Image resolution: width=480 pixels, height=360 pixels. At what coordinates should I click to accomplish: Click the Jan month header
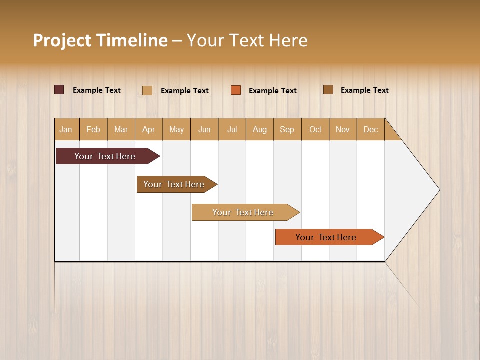coord(66,130)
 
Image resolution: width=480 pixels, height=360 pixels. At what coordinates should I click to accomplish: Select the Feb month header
coord(93,130)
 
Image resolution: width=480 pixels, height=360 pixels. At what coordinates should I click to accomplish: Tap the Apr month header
coord(149,130)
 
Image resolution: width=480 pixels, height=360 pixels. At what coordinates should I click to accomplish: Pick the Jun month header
coord(204,130)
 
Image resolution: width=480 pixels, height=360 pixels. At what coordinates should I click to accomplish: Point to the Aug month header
coord(260,130)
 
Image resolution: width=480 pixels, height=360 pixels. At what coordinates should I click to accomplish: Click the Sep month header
coord(287,130)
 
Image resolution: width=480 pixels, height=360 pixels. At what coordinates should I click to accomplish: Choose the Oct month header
coord(315,130)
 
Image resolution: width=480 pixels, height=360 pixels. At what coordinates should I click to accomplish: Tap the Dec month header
coord(371,130)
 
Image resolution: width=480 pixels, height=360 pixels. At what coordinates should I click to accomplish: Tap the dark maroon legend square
coord(59,90)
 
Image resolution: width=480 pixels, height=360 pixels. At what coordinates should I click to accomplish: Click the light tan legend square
coord(147,90)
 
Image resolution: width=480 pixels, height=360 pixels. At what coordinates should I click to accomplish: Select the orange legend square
coord(236,90)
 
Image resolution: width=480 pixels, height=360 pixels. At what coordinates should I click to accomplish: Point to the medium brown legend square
coord(328,90)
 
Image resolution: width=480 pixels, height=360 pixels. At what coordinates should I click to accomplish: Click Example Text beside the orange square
coord(273,91)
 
